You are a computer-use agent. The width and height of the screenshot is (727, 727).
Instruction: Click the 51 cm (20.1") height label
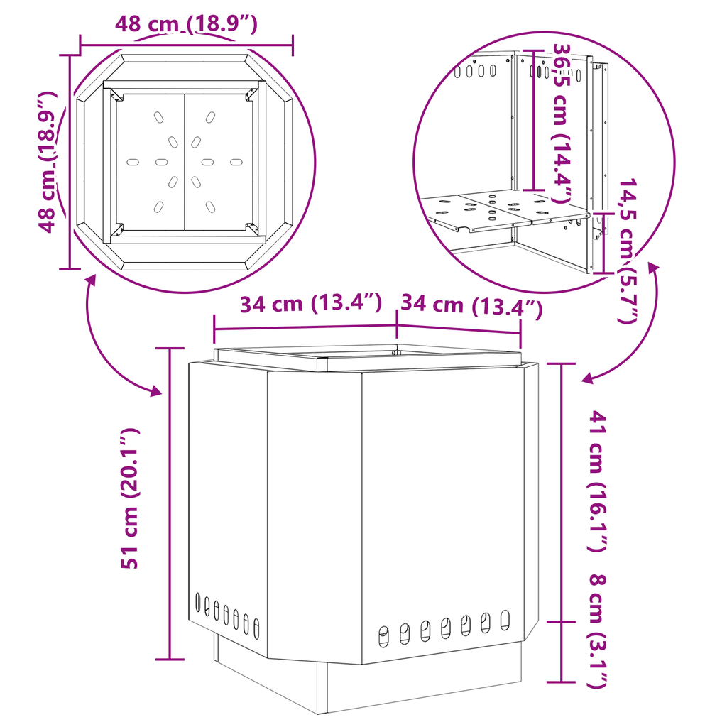(130, 498)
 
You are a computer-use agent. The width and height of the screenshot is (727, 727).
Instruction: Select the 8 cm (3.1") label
(597, 631)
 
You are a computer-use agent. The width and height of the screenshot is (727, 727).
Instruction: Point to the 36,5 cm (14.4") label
(562, 123)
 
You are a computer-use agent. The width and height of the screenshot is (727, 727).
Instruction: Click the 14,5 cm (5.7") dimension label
(628, 251)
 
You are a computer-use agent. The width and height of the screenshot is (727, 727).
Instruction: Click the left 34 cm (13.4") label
(311, 304)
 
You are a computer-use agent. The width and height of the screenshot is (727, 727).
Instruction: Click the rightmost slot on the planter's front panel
(505, 621)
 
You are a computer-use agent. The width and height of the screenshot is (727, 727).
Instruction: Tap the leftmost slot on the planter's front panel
(384, 636)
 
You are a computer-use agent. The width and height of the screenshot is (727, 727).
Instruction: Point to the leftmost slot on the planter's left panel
(198, 603)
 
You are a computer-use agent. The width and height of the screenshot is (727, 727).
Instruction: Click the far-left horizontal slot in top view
(133, 163)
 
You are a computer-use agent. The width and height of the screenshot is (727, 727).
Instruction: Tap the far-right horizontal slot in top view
(236, 163)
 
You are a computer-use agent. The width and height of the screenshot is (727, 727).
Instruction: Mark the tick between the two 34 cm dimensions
(397, 324)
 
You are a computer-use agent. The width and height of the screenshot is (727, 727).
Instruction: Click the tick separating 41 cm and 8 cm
(562, 622)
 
